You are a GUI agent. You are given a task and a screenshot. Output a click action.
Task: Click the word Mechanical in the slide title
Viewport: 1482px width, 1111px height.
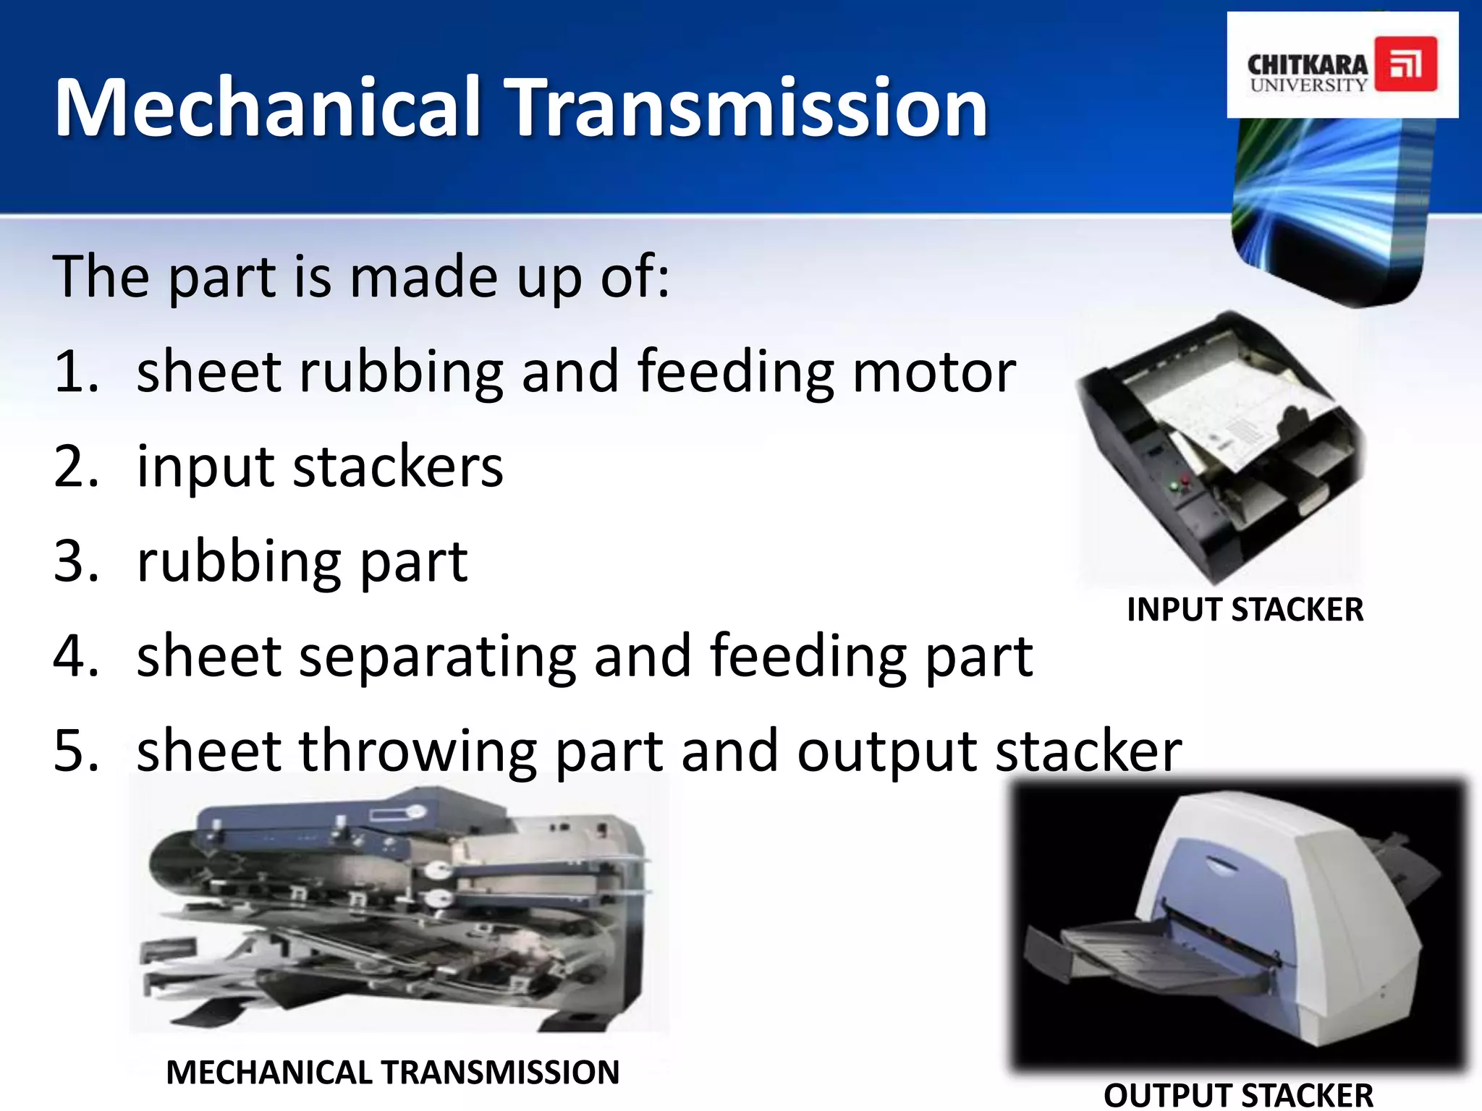click(268, 107)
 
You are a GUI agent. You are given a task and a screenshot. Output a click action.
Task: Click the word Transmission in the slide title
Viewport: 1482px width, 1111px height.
click(745, 107)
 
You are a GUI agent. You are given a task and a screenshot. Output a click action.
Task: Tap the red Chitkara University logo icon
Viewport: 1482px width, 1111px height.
click(1405, 64)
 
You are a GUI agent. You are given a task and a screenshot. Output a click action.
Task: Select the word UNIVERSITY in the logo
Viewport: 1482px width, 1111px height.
click(1308, 85)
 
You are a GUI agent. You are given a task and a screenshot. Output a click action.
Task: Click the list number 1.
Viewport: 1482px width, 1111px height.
click(75, 372)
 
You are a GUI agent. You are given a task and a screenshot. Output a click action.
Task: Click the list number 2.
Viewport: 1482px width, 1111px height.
click(75, 467)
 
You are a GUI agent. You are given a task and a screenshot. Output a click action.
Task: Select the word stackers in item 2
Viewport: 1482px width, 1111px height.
click(398, 467)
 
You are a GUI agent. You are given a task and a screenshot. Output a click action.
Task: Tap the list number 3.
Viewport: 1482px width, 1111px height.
click(75, 561)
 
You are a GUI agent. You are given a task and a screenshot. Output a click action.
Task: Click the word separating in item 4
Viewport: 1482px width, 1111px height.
click(437, 656)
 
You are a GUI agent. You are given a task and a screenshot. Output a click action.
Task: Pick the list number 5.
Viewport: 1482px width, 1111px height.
click(75, 751)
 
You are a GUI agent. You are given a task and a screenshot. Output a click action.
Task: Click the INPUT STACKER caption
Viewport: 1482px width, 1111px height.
click(1245, 610)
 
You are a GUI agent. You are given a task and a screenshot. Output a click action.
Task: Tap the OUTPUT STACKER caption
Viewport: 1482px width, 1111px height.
click(1238, 1095)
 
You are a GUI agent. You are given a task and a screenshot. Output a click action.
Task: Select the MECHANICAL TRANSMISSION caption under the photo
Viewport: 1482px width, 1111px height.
click(392, 1072)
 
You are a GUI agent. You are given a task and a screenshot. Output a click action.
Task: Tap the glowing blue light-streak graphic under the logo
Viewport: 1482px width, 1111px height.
click(1331, 203)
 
